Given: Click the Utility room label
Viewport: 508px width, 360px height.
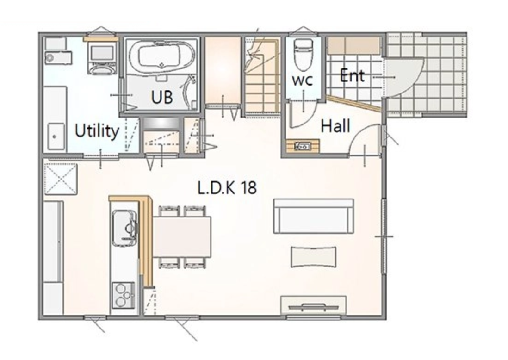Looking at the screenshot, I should (97, 131).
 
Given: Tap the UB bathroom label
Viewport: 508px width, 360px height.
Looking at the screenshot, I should (162, 97).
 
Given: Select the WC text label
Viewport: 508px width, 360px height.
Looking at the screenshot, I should (303, 80).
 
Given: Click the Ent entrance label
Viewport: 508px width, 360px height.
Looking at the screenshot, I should (352, 75).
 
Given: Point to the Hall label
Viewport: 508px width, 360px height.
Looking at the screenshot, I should (335, 125).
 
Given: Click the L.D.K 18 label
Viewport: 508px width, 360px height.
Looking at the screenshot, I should (227, 188).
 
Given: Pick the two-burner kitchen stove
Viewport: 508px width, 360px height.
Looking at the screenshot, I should (123, 295).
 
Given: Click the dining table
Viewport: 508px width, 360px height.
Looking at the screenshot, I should (182, 236).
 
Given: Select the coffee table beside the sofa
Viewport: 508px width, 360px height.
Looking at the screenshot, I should (313, 256).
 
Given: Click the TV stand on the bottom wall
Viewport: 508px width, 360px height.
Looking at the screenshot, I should (313, 306).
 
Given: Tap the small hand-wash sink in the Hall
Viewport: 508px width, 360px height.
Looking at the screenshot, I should (303, 146).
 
